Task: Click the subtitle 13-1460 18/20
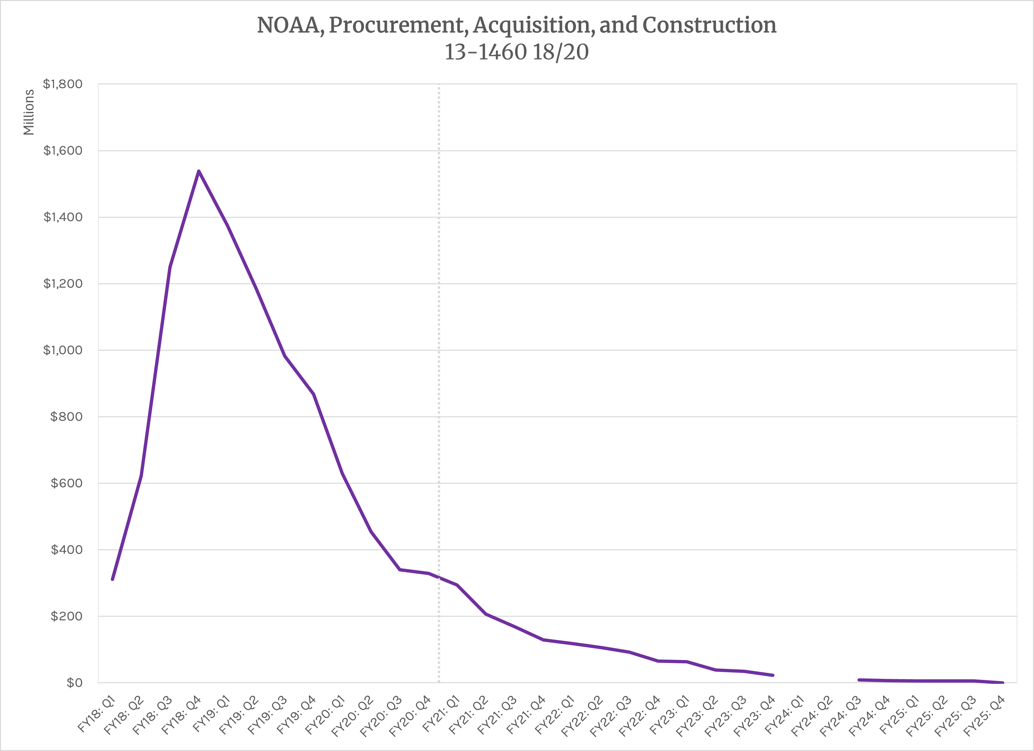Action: click(516, 52)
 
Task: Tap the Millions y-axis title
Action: click(29, 112)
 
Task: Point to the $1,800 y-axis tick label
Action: click(62, 84)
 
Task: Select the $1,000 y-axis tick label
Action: click(62, 350)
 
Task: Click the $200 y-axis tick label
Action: click(66, 616)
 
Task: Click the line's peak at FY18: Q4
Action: click(199, 171)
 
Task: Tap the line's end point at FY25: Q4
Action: click(1003, 683)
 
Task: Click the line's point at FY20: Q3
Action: click(400, 570)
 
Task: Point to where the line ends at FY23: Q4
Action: click(773, 675)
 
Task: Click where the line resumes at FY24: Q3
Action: click(859, 680)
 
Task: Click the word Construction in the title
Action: click(709, 25)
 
